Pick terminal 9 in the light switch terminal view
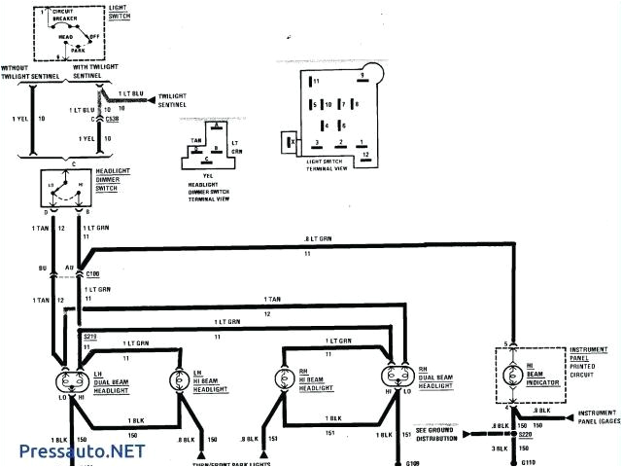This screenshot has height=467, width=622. point(363,76)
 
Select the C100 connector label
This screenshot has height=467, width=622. point(94,276)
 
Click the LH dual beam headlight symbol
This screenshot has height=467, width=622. point(69,377)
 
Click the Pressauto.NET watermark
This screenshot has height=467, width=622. point(83,451)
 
